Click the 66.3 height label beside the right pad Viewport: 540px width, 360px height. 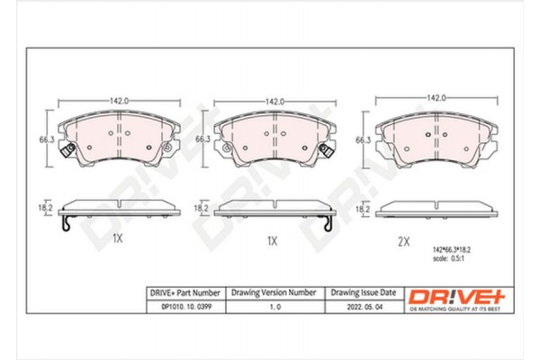[x=364, y=140]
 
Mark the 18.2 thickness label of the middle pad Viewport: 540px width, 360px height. [x=203, y=208]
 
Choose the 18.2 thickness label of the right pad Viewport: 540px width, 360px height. [x=364, y=209]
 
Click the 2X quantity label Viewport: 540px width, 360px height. [x=404, y=240]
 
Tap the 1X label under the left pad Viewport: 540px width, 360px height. [x=116, y=240]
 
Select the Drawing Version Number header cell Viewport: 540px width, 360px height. [x=274, y=292]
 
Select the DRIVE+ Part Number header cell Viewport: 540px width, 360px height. [x=184, y=292]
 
